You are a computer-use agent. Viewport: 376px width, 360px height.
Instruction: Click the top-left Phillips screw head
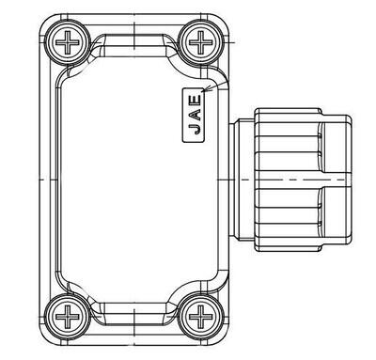[68, 42]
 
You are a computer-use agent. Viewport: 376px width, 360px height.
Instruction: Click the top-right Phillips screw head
[201, 42]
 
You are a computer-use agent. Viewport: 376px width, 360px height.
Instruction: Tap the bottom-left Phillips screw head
[68, 317]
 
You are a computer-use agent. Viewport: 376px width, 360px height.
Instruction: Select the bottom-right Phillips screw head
[201, 317]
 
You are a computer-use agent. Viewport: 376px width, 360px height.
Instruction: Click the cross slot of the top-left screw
[68, 42]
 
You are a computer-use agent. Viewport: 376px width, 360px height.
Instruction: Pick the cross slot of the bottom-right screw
[201, 317]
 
